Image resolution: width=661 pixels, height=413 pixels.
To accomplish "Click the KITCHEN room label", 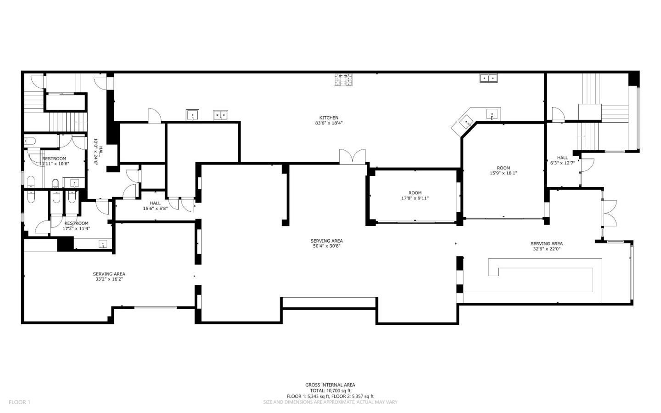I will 329,118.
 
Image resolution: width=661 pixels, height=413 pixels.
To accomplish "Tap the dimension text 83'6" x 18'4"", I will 329,123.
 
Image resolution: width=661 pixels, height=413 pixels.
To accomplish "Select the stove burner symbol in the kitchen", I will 343,79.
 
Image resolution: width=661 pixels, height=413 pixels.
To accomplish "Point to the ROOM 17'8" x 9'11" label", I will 415,196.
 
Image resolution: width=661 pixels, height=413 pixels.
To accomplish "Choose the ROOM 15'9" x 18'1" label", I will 503,170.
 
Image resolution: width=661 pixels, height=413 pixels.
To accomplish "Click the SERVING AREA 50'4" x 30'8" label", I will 326,243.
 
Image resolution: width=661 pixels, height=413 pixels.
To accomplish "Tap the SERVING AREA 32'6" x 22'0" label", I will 546,246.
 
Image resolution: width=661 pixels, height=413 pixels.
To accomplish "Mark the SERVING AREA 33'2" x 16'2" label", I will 109,277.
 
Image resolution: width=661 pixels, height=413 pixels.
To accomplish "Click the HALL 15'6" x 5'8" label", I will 155,205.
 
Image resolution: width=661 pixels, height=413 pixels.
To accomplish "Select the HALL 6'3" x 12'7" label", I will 562,160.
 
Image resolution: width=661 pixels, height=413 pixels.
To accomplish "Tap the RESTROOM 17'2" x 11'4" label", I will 76,226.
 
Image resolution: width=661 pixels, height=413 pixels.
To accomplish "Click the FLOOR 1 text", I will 19,402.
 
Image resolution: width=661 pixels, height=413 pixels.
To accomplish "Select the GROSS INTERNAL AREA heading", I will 330,385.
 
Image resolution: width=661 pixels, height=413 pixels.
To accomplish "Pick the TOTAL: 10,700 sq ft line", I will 330,390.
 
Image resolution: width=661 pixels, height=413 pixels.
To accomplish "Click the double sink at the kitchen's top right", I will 489,78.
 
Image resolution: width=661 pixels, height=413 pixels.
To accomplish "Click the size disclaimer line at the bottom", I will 330,402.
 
